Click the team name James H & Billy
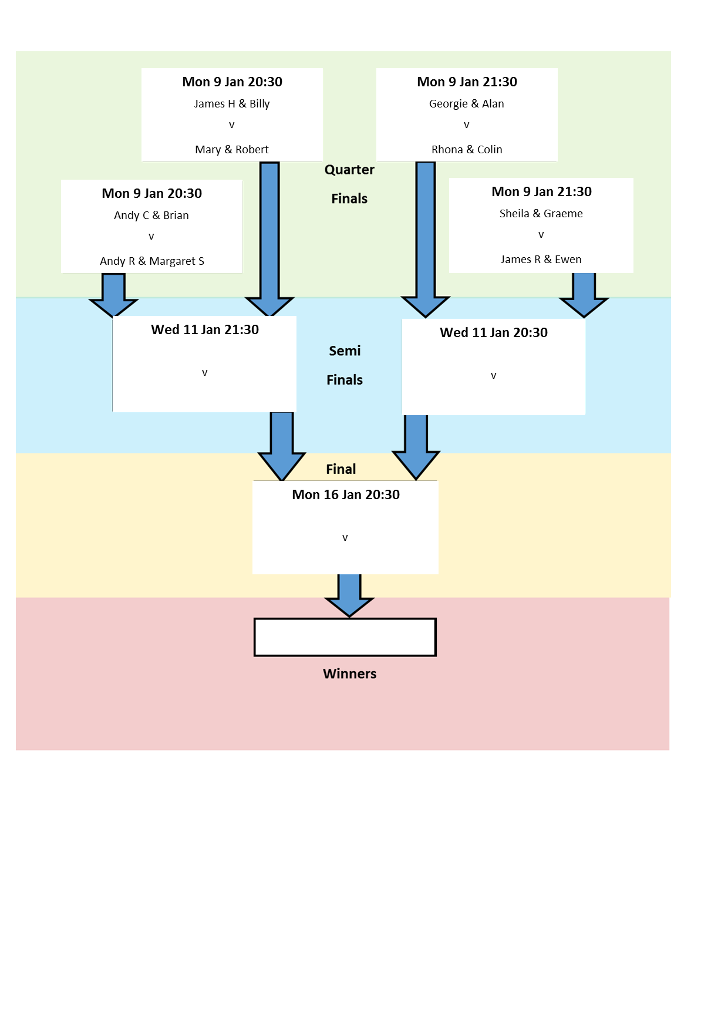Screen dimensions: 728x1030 [x=232, y=104]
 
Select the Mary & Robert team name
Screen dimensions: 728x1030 [x=232, y=150]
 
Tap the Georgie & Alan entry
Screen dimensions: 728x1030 [x=467, y=104]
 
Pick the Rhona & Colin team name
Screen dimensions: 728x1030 [x=467, y=150]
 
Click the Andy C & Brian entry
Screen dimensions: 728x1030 [x=151, y=216]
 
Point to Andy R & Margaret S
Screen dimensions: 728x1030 [x=152, y=261]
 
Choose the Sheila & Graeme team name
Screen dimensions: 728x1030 [x=541, y=214]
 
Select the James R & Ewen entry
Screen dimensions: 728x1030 [x=541, y=260]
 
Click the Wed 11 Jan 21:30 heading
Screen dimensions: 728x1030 [x=205, y=330]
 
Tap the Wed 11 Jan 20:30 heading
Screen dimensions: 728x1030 [x=494, y=333]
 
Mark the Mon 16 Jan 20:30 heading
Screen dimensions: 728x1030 [x=346, y=495]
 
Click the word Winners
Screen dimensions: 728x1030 [x=349, y=674]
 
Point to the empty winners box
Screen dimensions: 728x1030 [x=345, y=637]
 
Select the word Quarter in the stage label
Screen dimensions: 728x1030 [x=349, y=170]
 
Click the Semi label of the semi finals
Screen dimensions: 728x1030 [x=345, y=351]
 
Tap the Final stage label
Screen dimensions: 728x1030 [x=341, y=469]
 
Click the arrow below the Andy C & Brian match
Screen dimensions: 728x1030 [x=113, y=295]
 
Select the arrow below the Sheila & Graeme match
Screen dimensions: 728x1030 [x=584, y=295]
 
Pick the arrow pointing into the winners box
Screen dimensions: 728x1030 [x=349, y=595]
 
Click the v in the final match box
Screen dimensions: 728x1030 [x=345, y=538]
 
